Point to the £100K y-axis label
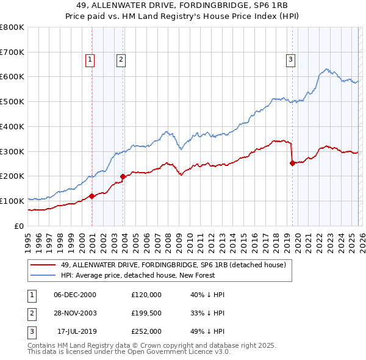(12, 201)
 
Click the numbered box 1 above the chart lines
(90, 60)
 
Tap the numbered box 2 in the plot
(121, 60)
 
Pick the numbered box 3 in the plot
(290, 60)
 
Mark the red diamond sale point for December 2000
(91, 196)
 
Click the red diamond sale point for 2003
(123, 176)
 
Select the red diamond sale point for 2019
(292, 163)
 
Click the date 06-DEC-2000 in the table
(74, 295)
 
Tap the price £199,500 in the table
(146, 313)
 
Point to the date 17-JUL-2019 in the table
(74, 331)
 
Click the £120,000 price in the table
(146, 295)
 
